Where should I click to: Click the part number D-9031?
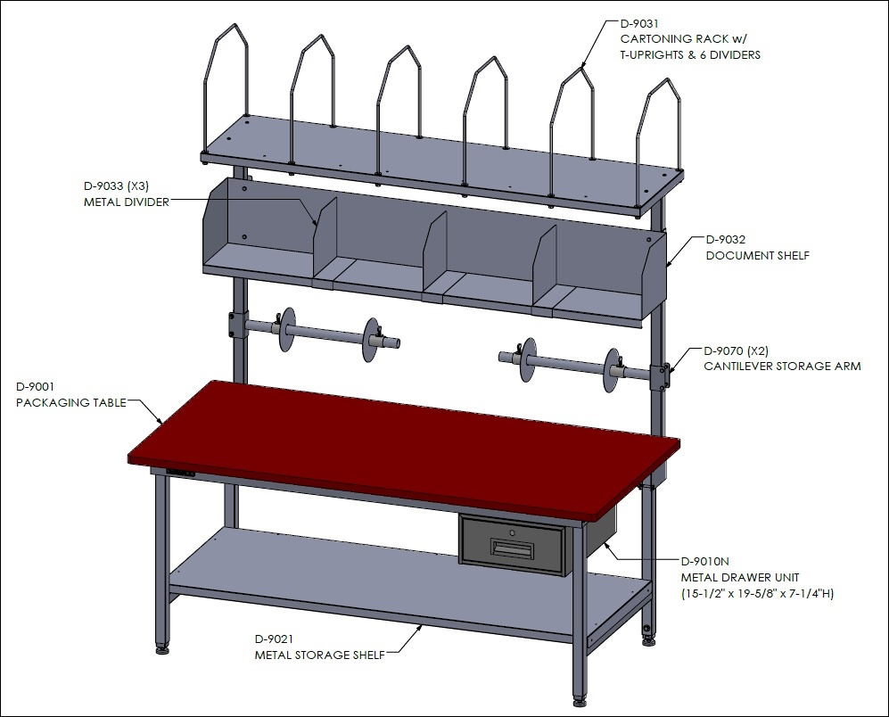pyautogui.click(x=639, y=23)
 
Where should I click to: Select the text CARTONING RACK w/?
pyautogui.click(x=684, y=39)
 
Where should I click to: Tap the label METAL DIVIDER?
pyautogui.click(x=127, y=202)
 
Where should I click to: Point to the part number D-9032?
pyautogui.click(x=726, y=239)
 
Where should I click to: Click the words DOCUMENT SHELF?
pyautogui.click(x=757, y=255)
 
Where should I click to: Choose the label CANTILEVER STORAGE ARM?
pyautogui.click(x=782, y=366)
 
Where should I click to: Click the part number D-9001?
pyautogui.click(x=35, y=387)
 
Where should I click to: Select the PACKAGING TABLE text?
pyautogui.click(x=70, y=403)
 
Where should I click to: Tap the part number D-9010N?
pyautogui.click(x=704, y=562)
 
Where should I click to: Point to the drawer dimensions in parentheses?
pyautogui.click(x=757, y=594)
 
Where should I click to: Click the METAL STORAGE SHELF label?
pyautogui.click(x=320, y=655)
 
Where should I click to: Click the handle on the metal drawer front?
pyautogui.click(x=512, y=548)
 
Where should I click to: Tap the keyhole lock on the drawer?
pyautogui.click(x=512, y=532)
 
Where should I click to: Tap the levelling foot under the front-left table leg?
pyautogui.click(x=162, y=647)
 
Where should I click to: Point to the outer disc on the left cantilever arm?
pyautogui.click(x=371, y=339)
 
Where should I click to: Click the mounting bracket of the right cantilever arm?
pyautogui.click(x=661, y=376)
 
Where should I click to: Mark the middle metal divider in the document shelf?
pyautogui.click(x=434, y=256)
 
